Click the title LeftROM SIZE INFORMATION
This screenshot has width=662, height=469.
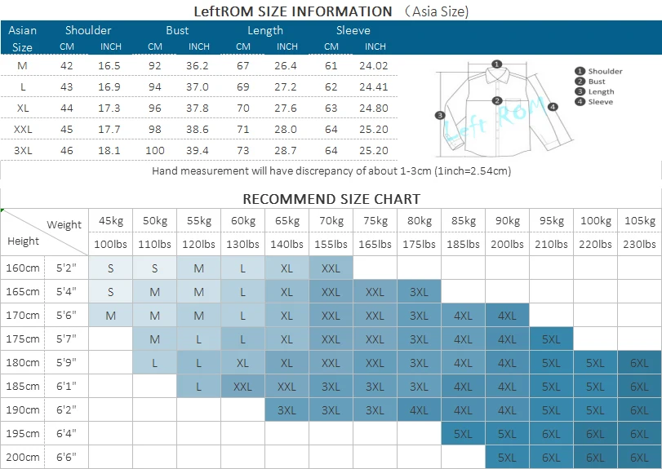coord(293,11)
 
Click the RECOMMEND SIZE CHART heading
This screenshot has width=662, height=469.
coord(331,199)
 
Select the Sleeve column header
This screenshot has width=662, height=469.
coord(353,30)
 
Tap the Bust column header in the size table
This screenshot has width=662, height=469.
coord(177,30)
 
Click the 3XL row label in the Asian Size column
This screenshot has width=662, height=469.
coord(23,150)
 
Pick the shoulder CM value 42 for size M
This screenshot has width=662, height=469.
coord(66,65)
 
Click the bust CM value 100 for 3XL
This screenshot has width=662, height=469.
coord(154,150)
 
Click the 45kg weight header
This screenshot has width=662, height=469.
coord(110,221)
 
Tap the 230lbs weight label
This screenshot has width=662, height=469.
coord(639,244)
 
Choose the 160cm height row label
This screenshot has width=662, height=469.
coord(23,268)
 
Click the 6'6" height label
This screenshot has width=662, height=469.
coord(66,457)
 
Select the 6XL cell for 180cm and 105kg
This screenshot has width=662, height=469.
coord(639,362)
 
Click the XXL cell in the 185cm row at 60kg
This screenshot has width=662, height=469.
coord(242,386)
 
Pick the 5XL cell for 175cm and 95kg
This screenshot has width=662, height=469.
coord(551,338)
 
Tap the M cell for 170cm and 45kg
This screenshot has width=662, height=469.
coord(110,315)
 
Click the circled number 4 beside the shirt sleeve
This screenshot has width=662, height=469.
coord(553,106)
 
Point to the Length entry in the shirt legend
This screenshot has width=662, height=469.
coord(600,92)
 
